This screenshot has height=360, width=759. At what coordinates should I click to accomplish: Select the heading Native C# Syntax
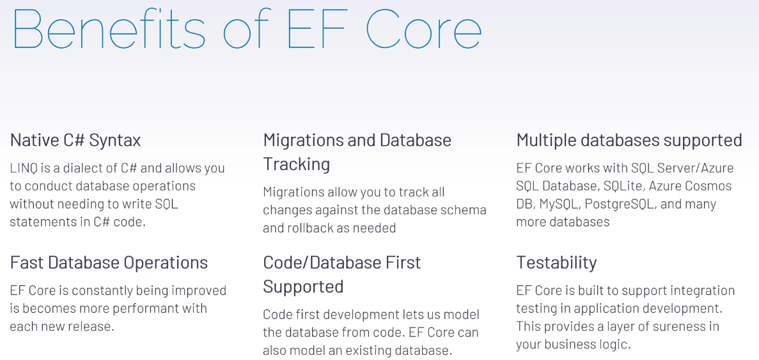pos(75,141)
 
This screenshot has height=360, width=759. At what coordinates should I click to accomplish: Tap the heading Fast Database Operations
pos(109,263)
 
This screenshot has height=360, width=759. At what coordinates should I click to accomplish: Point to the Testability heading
pos(557,263)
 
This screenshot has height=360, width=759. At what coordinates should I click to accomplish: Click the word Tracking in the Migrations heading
pos(297,164)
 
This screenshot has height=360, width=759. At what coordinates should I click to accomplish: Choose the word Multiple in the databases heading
pos(545,141)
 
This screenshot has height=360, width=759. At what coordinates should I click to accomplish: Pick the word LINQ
pos(22,168)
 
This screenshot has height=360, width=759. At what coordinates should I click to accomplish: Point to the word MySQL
pos(559,204)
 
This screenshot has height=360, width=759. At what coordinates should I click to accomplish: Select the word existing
pos(362,350)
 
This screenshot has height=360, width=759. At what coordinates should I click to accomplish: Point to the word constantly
pos(105,291)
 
